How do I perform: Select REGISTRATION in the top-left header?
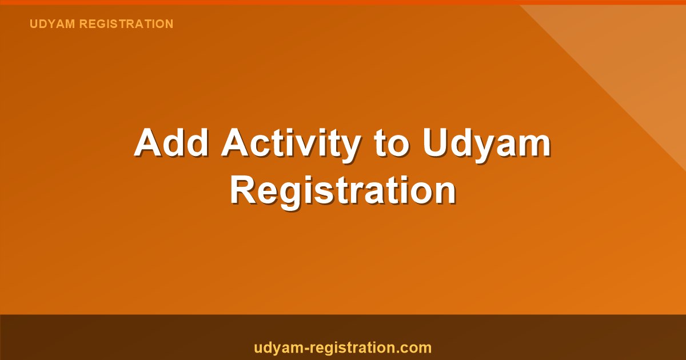(x=126, y=24)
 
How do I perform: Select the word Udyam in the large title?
(x=487, y=144)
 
